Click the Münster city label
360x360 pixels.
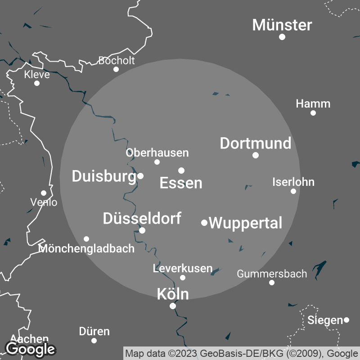click(x=282, y=25)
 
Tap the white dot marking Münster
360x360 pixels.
click(x=282, y=37)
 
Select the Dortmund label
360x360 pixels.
click(x=255, y=144)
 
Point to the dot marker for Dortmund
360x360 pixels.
click(x=256, y=155)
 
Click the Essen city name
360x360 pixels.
click(x=181, y=183)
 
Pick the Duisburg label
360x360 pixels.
click(x=103, y=176)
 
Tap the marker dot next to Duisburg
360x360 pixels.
click(x=140, y=176)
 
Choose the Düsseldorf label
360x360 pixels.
click(x=142, y=219)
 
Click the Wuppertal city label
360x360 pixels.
click(x=246, y=223)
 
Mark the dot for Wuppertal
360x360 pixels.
click(x=204, y=223)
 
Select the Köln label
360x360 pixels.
click(x=172, y=294)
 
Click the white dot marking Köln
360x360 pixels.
click(x=172, y=306)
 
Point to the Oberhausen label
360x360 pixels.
click(x=157, y=153)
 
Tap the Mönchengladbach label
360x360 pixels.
click(x=87, y=248)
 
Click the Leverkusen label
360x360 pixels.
click(x=182, y=269)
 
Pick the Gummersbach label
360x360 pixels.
click(x=272, y=274)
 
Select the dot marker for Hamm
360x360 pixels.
click(x=313, y=113)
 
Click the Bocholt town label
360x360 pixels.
click(x=116, y=60)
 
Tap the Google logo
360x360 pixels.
click(x=30, y=349)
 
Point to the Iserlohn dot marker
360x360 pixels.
click(x=293, y=191)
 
